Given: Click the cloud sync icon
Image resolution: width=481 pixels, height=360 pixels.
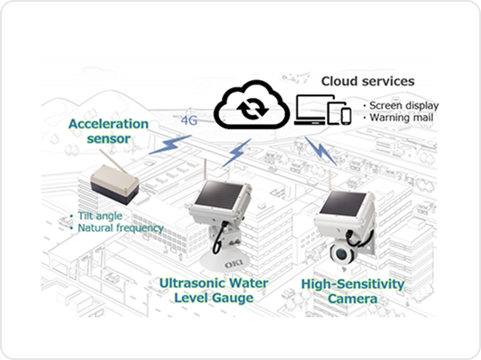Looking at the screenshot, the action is coord(251,105).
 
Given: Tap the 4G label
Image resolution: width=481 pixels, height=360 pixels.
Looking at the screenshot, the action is coord(189,120).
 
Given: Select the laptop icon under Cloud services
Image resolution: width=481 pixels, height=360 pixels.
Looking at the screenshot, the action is coord(314,110).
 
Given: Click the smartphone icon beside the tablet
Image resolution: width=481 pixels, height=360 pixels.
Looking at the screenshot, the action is coord(346,117).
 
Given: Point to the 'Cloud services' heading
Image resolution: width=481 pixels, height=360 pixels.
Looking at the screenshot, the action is coord(368,81).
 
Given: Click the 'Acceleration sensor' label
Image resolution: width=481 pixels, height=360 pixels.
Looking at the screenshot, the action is coord(109,131).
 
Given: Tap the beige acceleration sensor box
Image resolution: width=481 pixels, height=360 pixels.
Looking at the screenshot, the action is coord(114,184).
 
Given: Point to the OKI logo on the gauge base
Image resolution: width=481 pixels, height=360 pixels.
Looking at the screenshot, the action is coord(233,264).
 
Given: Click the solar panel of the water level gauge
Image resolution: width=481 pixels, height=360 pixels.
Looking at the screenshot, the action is coord(220,193).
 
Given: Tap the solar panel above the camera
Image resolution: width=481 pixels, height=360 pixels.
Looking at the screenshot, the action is coord(343,202).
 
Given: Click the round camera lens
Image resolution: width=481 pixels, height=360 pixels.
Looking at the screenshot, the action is coord(341,254).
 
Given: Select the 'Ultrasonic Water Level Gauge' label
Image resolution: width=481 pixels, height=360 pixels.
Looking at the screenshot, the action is coord(214,290).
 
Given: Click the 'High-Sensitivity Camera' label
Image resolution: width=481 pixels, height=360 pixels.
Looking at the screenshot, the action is coord(353,291).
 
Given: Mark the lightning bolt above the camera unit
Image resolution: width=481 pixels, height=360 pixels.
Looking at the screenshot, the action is coord(321,151).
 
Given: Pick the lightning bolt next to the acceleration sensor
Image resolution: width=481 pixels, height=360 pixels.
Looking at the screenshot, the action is coord(170,144).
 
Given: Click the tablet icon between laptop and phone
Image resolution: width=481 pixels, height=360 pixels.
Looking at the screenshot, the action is coord(335,112).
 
